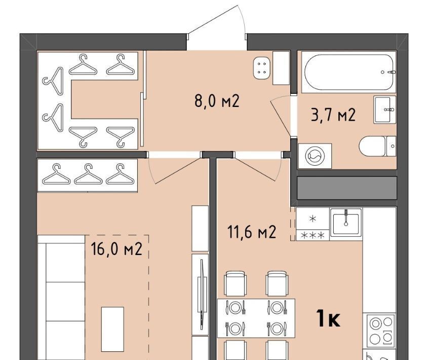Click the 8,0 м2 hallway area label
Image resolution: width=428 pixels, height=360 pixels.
tap(217, 101)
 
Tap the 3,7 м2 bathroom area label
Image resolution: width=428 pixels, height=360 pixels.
tap(333, 115)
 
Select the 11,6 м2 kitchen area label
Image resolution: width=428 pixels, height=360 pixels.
tap(252, 232)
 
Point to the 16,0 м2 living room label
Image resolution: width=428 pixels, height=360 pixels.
tap(116, 249)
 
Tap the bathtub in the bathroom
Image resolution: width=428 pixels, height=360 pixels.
tap(349, 72)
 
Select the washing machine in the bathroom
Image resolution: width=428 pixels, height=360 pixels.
tap(315, 156)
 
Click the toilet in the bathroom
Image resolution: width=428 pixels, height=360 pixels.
tap(377, 146)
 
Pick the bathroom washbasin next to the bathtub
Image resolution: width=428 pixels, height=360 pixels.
tap(384, 110)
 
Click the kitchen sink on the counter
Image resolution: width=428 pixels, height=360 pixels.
tap(346, 222)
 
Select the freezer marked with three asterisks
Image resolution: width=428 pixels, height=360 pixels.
tap(313, 235)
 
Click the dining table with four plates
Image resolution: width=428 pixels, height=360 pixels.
tap(256, 318)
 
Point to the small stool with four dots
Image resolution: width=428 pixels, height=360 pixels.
tap(261, 68)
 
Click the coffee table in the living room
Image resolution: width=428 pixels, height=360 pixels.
tap(112, 330)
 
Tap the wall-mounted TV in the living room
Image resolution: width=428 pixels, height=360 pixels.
tap(202, 295)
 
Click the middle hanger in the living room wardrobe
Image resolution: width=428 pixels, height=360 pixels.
tap(88, 174)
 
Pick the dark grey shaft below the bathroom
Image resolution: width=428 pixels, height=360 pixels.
tap(346, 188)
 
